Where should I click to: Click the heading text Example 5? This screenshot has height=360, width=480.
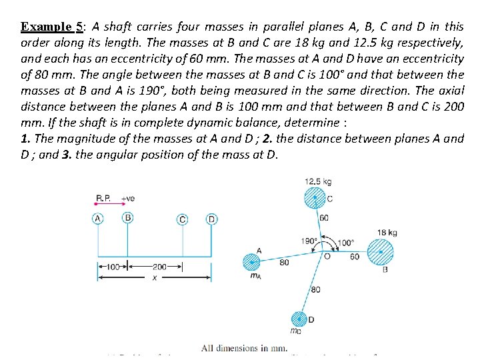point(51,27)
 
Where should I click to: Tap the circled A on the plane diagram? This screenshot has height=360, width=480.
point(98,219)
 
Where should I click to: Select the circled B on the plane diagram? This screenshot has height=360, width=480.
point(127,217)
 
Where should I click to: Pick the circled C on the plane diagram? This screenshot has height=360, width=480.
point(182,219)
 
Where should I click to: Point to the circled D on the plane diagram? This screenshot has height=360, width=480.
point(211,219)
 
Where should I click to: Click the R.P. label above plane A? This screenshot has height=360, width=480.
point(104,198)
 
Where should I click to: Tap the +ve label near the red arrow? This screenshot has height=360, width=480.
point(127,198)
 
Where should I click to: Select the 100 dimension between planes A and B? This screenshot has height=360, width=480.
point(112,267)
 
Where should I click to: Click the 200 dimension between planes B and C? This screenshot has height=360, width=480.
point(159,267)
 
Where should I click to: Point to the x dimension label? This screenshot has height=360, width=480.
point(154,278)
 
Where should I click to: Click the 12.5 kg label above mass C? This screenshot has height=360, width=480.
point(317,181)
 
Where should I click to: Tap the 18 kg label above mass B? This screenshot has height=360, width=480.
point(387,233)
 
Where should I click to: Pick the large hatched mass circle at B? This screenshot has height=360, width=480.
point(380,253)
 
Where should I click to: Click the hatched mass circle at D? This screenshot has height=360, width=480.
point(299,319)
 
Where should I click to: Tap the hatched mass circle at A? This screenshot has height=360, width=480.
point(251,261)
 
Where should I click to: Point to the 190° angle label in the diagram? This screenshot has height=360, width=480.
point(309,241)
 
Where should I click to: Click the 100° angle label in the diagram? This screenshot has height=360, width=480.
point(345,243)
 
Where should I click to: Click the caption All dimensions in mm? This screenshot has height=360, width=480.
point(244,348)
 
